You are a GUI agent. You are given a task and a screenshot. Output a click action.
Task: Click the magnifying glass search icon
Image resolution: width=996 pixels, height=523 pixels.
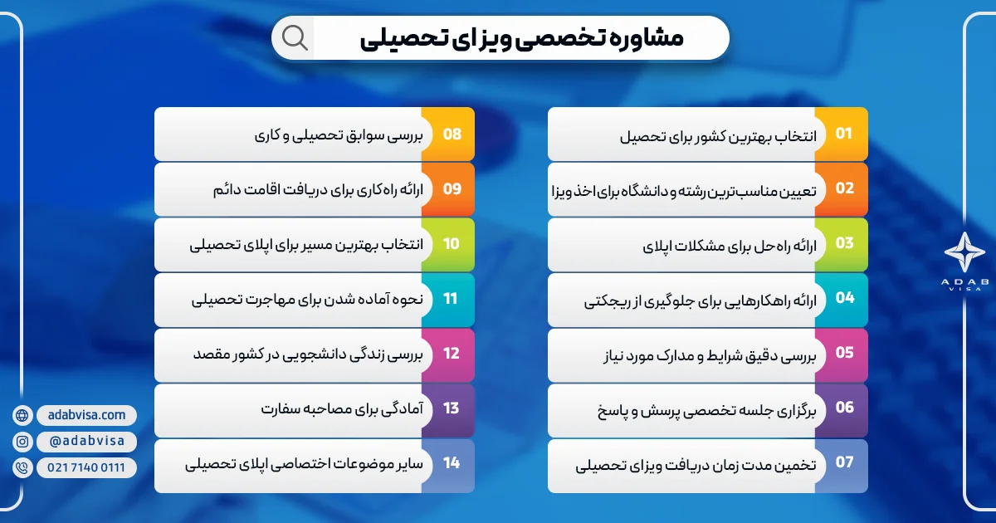click(295, 37)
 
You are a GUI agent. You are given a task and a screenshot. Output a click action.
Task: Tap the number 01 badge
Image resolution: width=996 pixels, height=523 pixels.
click(843, 134)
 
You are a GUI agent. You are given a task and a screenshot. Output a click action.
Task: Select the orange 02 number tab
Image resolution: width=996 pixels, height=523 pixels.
click(843, 188)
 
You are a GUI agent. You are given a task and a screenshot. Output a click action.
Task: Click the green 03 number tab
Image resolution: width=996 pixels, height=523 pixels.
click(843, 243)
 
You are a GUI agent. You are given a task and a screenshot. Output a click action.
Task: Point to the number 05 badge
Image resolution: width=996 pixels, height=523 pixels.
click(843, 353)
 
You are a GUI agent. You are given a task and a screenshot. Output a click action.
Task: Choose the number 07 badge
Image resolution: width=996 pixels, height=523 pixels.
click(843, 462)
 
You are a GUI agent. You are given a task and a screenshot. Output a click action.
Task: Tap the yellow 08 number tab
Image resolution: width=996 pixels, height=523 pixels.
click(451, 134)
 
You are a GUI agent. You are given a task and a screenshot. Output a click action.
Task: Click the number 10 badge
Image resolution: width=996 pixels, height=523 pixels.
click(451, 243)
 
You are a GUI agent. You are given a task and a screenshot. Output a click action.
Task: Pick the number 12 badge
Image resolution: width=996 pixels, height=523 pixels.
click(451, 353)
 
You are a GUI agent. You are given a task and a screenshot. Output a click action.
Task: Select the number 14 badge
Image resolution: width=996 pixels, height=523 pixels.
click(451, 462)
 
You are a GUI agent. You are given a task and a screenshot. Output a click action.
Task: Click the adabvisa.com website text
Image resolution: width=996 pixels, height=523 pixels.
click(86, 415)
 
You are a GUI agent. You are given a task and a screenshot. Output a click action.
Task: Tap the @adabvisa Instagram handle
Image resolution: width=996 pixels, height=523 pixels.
click(86, 442)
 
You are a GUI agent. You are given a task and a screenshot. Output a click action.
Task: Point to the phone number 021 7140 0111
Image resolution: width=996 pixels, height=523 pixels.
click(86, 468)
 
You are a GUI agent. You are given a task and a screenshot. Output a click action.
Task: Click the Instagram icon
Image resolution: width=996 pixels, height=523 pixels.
click(22, 442)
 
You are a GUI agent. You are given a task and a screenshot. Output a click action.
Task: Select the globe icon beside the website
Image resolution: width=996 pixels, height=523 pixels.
click(22, 415)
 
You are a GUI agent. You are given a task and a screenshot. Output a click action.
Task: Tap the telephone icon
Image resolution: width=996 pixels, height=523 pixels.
click(22, 468)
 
